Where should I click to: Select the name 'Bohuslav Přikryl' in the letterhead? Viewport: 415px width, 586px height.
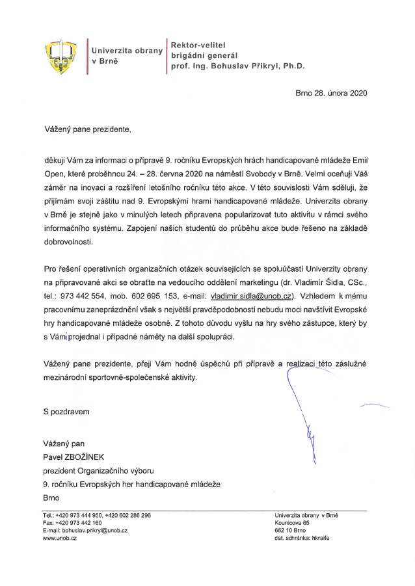click(248, 66)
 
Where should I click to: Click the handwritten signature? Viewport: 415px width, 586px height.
click(304, 410)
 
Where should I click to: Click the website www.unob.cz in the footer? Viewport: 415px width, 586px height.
click(59, 539)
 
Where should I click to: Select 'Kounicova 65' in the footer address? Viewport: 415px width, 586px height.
click(292, 522)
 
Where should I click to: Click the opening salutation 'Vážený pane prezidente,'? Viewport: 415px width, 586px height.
click(87, 129)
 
